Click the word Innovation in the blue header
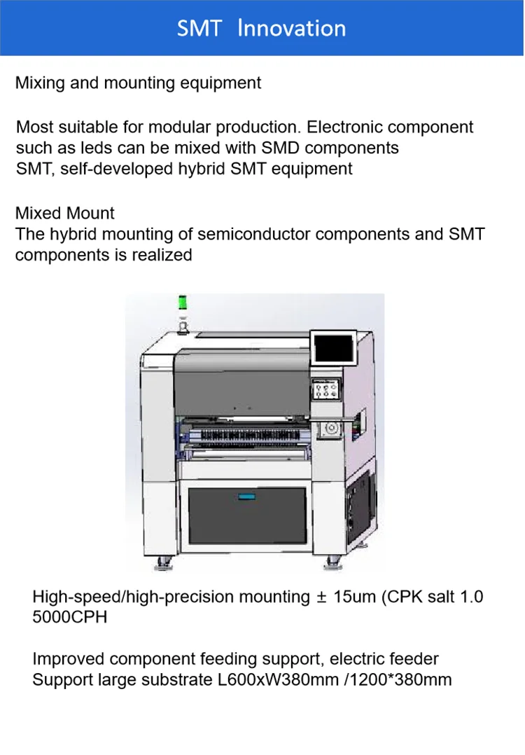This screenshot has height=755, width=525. click(x=291, y=28)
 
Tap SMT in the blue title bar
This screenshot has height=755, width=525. click(x=199, y=29)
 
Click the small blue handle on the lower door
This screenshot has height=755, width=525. click(x=245, y=496)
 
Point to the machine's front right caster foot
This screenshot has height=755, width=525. click(x=332, y=562)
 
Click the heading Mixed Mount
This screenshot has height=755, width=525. click(x=65, y=213)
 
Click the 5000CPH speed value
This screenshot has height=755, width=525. click(x=70, y=618)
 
